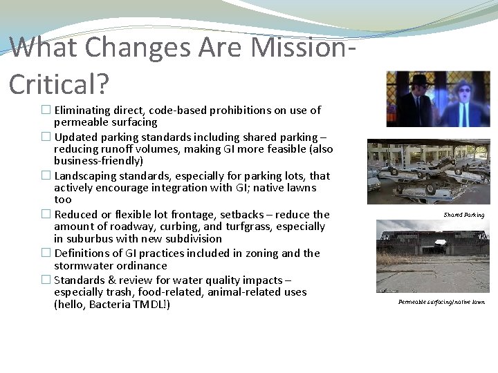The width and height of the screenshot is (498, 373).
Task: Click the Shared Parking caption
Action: tap(464, 215)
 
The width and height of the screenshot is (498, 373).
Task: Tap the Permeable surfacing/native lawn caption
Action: tap(441, 302)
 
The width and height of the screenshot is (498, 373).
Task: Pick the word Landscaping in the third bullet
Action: tap(84, 175)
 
